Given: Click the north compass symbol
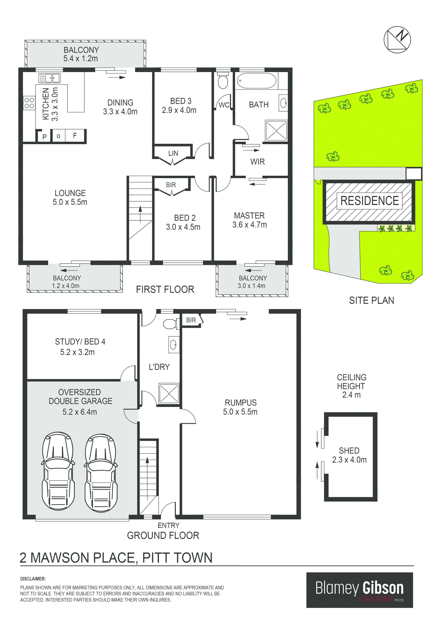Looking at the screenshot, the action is click(x=397, y=40).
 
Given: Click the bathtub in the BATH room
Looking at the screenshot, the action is click(x=256, y=81).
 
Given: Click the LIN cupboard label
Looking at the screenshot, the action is click(x=173, y=153).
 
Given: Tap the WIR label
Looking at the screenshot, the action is click(x=258, y=162).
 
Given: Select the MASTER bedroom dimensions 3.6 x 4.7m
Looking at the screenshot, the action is click(x=250, y=225).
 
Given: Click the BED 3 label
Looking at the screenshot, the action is click(x=181, y=101).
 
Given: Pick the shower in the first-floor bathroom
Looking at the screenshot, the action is click(x=276, y=131).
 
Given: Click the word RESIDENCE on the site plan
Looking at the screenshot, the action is click(x=369, y=201).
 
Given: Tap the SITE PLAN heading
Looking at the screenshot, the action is click(x=371, y=300).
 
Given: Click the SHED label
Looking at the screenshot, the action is click(x=349, y=451).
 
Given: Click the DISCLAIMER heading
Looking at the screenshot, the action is click(x=33, y=579).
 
